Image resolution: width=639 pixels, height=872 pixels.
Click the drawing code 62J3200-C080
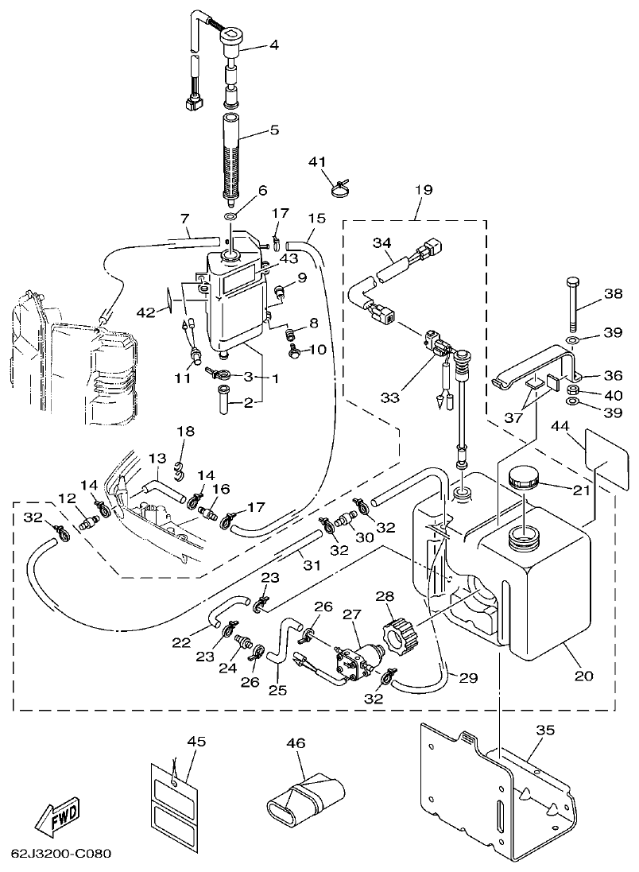point(60,855)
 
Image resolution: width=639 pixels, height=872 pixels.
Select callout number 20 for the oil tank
point(583,676)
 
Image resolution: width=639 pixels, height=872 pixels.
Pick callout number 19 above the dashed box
point(423,191)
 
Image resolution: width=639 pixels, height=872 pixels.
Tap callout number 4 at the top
point(273,45)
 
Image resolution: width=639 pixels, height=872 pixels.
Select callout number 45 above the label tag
point(196,742)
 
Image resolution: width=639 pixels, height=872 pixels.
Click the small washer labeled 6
point(230,217)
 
